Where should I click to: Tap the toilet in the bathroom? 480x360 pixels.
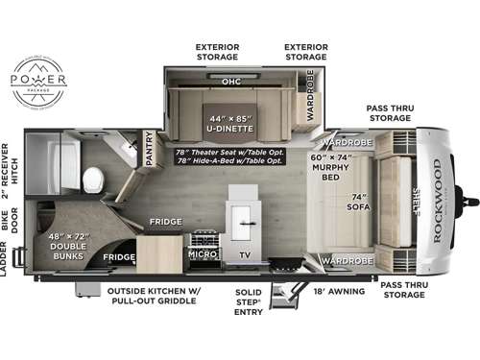pyautogui.click(x=94, y=179)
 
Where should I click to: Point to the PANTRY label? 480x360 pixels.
pyautogui.click(x=149, y=150)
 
